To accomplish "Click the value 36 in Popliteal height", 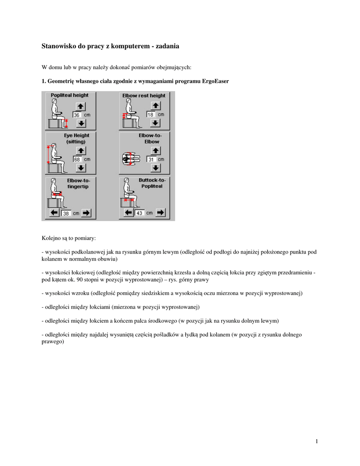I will tap(77, 115).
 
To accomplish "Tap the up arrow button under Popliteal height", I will tap(81, 106).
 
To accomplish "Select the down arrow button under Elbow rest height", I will tap(155, 123).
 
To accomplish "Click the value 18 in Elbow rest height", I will tap(150, 115).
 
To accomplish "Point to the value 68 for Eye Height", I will tap(77, 159).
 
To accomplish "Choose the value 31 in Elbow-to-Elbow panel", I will tap(151, 159).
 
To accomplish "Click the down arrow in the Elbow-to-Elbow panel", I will tap(155, 167).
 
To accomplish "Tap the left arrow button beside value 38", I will tap(54, 213).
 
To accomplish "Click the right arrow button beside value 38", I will tap(86, 213).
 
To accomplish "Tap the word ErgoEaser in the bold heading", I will tap(214, 81).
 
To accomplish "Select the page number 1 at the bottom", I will tap(316, 441).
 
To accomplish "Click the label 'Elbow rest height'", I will tap(144, 96).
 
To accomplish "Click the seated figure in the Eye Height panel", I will tap(55, 157).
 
